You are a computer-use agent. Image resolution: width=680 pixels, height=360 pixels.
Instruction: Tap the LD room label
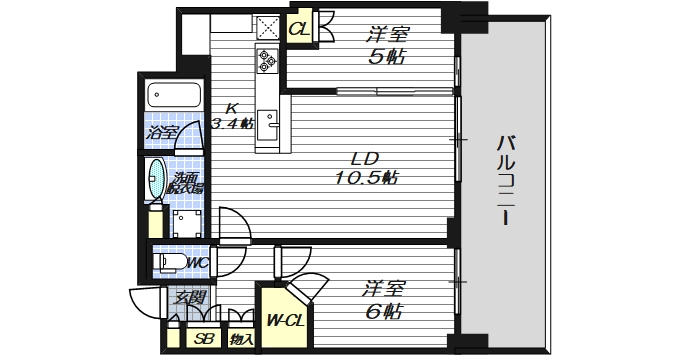click(367, 157)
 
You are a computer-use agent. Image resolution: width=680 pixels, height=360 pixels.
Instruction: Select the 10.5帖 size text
click(367, 178)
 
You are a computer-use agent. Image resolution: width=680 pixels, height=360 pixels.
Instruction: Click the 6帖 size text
click(382, 312)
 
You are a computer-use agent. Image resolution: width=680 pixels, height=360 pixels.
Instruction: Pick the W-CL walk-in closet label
click(285, 321)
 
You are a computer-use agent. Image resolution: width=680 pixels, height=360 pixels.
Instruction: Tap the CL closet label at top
click(299, 29)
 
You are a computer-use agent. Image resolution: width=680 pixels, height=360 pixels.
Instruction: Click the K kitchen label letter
click(231, 108)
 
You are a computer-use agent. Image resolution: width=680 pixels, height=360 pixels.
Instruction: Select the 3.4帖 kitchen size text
click(232, 124)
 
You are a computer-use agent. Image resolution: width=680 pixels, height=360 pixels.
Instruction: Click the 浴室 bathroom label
click(159, 131)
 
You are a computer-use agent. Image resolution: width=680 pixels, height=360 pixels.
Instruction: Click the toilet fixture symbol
click(169, 263)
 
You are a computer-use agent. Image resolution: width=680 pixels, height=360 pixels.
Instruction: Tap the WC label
click(196, 263)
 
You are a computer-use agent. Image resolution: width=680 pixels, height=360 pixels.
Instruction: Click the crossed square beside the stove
click(267, 28)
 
